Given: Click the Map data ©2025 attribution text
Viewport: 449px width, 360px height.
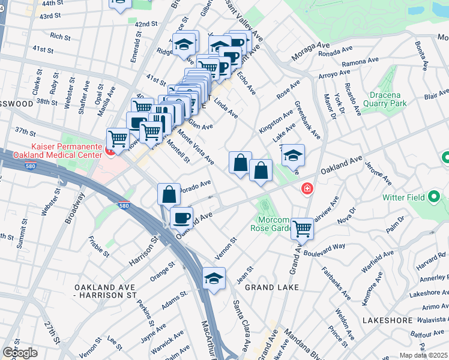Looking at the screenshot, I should [x=424, y=355].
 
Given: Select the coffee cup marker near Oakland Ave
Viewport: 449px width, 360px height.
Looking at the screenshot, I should [x=181, y=218].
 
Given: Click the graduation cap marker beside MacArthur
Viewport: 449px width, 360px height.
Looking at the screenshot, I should [x=214, y=278].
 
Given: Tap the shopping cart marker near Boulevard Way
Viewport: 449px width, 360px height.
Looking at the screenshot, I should [x=303, y=228].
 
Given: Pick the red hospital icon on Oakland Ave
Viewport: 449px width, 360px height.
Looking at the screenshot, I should [x=307, y=189].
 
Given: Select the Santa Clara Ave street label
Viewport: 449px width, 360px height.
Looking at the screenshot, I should [x=241, y=326].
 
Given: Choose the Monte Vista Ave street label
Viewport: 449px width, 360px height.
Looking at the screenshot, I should [x=196, y=148].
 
